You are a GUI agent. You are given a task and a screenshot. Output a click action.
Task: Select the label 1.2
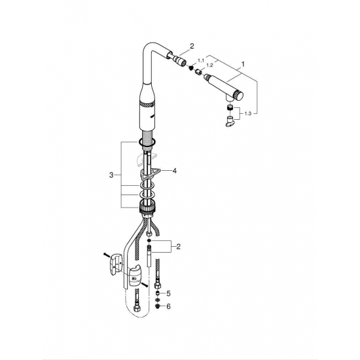209,65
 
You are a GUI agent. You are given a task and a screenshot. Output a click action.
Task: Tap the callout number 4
174,171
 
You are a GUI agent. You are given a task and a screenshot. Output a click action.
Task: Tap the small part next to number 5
158,293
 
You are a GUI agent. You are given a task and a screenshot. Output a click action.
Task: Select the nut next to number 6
158,306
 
